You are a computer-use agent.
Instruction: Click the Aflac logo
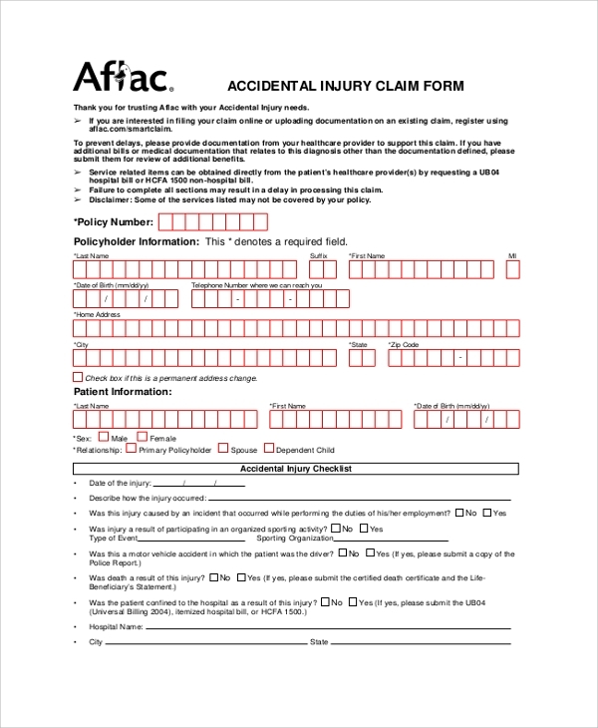point(122,78)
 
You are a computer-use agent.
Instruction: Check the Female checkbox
point(142,436)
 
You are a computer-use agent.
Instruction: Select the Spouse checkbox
point(223,449)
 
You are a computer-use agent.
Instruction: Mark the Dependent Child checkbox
point(268,449)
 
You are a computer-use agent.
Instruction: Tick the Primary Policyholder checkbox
point(131,449)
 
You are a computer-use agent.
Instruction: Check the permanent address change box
point(79,377)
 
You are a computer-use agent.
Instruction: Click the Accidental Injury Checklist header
point(296,468)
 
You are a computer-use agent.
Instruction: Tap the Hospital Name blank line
point(329,627)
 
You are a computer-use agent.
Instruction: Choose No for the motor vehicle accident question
point(343,552)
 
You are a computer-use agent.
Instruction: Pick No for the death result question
point(212,577)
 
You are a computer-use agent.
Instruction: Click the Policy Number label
point(114,221)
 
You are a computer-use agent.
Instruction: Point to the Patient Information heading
point(123,392)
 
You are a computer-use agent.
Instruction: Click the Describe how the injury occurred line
point(359,497)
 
